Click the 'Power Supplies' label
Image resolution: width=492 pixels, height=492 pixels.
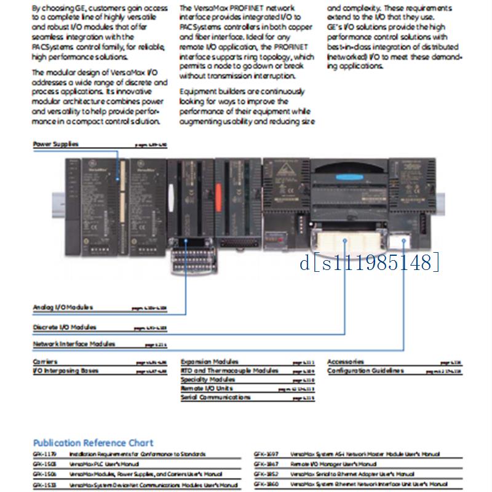[56, 144]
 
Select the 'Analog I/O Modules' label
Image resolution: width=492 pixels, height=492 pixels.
[63, 306]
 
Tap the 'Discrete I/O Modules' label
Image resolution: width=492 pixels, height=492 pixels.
[65, 327]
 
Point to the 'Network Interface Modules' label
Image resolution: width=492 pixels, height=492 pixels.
[74, 344]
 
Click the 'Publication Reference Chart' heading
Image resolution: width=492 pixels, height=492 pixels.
[93, 443]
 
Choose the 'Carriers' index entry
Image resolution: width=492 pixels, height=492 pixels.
[45, 362]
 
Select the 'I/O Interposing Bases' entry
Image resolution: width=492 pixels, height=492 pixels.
[65, 370]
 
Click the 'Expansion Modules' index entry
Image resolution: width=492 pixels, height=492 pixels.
[210, 362]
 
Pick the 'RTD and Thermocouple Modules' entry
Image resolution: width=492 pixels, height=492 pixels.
[229, 370]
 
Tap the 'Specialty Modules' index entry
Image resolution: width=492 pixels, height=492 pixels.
[208, 379]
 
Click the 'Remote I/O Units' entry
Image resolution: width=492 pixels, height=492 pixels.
[207, 388]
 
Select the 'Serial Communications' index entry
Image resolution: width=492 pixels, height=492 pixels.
[216, 397]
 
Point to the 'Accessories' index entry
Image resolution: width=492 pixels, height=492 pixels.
[346, 362]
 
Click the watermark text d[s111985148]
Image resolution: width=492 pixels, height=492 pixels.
[370, 263]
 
